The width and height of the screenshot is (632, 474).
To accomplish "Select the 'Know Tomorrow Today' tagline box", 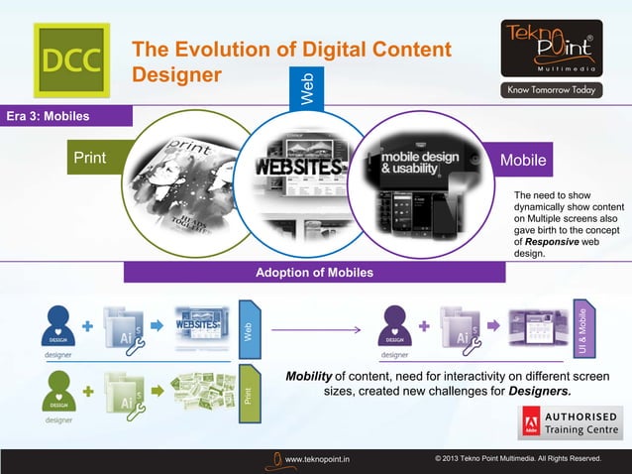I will [551, 90].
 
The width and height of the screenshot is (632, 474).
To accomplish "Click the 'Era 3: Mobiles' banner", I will [65, 117].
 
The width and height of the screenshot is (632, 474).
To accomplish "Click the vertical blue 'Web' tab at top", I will [308, 87].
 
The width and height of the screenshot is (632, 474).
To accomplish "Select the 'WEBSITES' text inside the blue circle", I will [300, 166].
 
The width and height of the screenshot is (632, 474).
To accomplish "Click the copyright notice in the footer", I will [517, 459].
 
